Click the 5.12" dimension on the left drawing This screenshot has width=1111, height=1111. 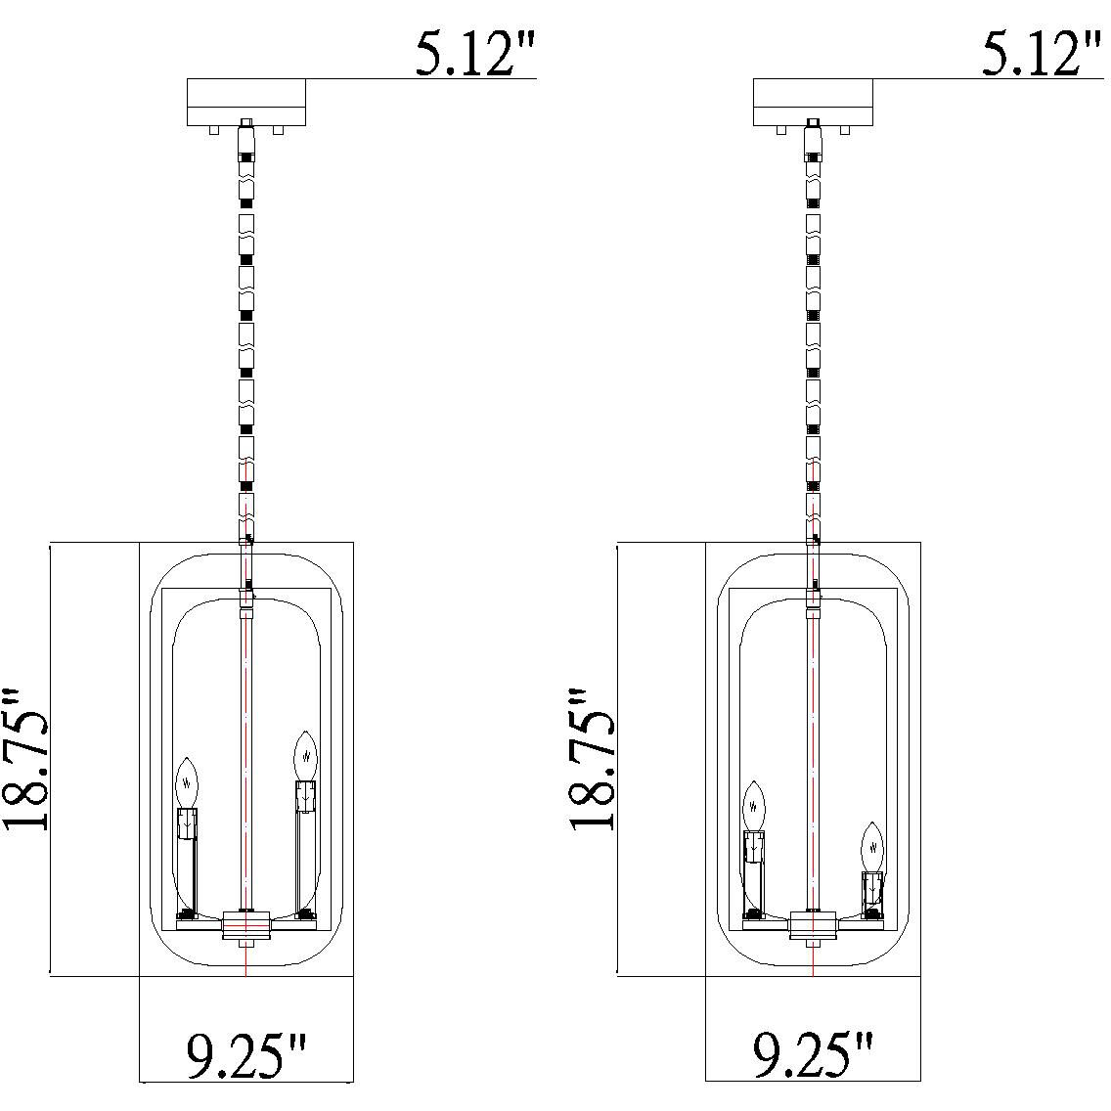tap(474, 55)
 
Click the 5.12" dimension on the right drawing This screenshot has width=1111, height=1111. tap(1042, 55)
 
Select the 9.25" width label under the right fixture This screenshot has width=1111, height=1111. tap(813, 1055)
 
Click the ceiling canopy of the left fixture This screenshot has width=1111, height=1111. tap(245, 102)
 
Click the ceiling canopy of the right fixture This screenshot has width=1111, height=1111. tap(813, 102)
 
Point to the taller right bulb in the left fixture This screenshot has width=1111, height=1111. tap(305, 757)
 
